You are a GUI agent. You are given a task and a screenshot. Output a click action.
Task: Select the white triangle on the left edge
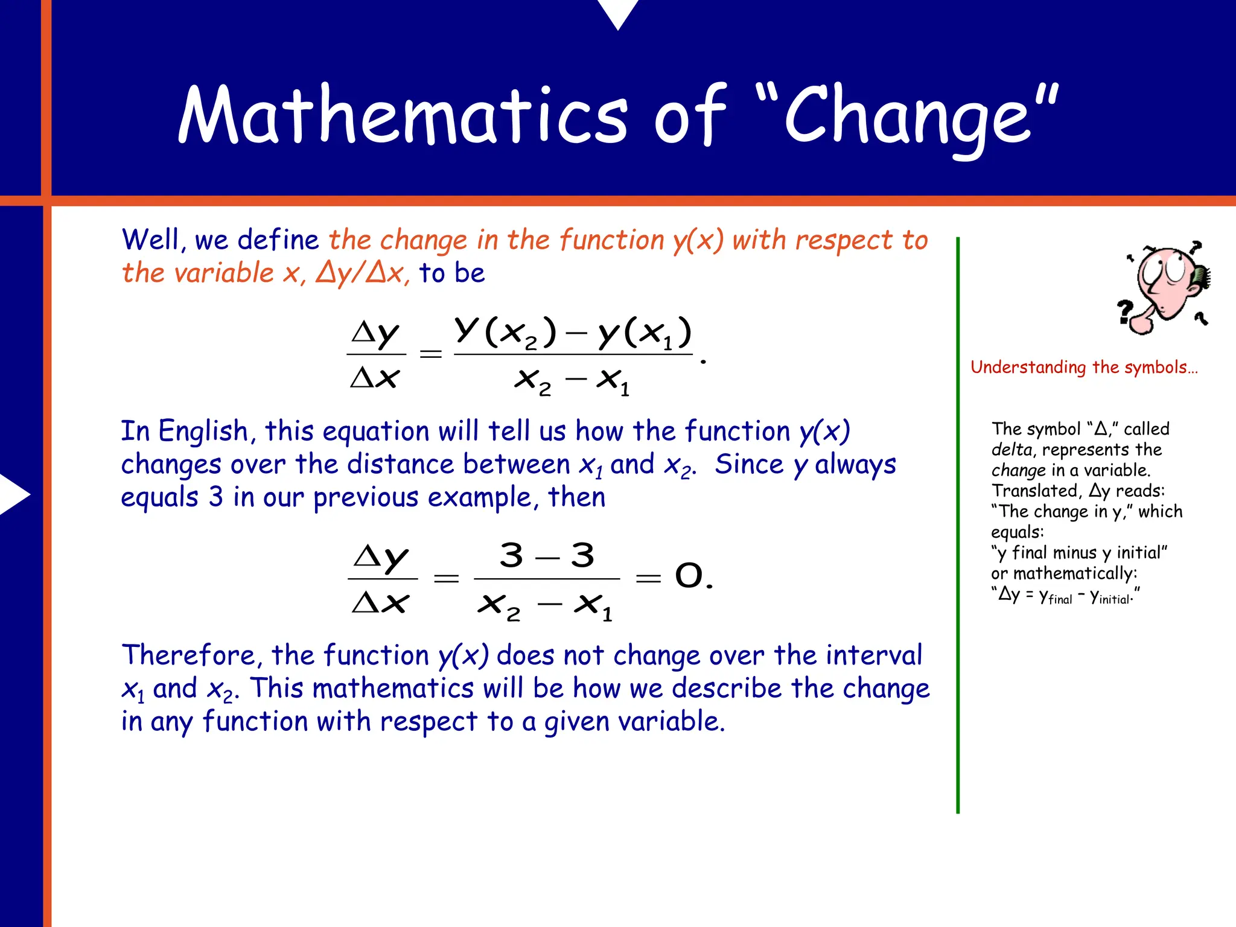[13, 494]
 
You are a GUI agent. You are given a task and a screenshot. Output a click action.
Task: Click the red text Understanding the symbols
[1083, 367]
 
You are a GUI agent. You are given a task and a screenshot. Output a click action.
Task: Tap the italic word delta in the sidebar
[1011, 450]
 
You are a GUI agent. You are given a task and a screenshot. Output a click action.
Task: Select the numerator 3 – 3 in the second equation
[547, 555]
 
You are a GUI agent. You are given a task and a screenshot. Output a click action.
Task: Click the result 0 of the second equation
[689, 576]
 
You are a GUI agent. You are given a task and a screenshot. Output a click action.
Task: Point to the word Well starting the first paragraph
[153, 240]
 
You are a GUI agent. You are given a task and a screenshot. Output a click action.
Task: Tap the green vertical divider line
[958, 525]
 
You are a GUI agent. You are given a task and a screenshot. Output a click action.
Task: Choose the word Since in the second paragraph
[749, 465]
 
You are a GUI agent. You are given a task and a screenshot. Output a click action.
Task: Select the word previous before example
[366, 498]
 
